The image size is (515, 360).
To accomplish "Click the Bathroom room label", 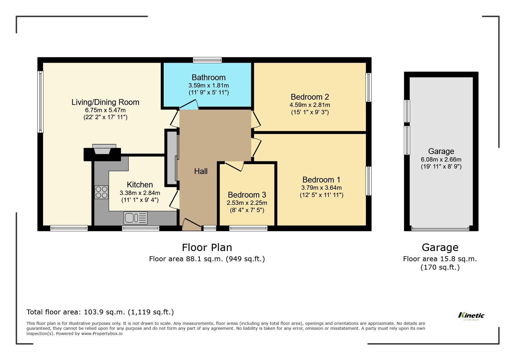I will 209,77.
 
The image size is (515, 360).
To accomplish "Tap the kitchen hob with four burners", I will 101,192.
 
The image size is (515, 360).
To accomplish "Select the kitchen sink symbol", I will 136,218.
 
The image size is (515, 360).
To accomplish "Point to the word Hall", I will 201,171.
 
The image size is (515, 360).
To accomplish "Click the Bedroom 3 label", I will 247,195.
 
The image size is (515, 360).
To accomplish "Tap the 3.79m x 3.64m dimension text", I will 321,188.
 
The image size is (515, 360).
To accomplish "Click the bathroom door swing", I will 189,105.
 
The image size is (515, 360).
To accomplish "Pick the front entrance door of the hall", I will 191,224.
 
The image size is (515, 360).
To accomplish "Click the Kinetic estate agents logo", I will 471,316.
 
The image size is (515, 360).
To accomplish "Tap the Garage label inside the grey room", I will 441,151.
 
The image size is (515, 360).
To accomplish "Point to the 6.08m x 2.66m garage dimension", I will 441,160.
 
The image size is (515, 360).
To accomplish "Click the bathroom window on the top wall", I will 207,60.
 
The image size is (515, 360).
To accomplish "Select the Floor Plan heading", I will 207,248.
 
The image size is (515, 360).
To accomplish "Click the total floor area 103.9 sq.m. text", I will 100,312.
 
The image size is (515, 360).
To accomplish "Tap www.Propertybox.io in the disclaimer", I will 101,334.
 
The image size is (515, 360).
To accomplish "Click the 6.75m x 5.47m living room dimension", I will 105,110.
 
